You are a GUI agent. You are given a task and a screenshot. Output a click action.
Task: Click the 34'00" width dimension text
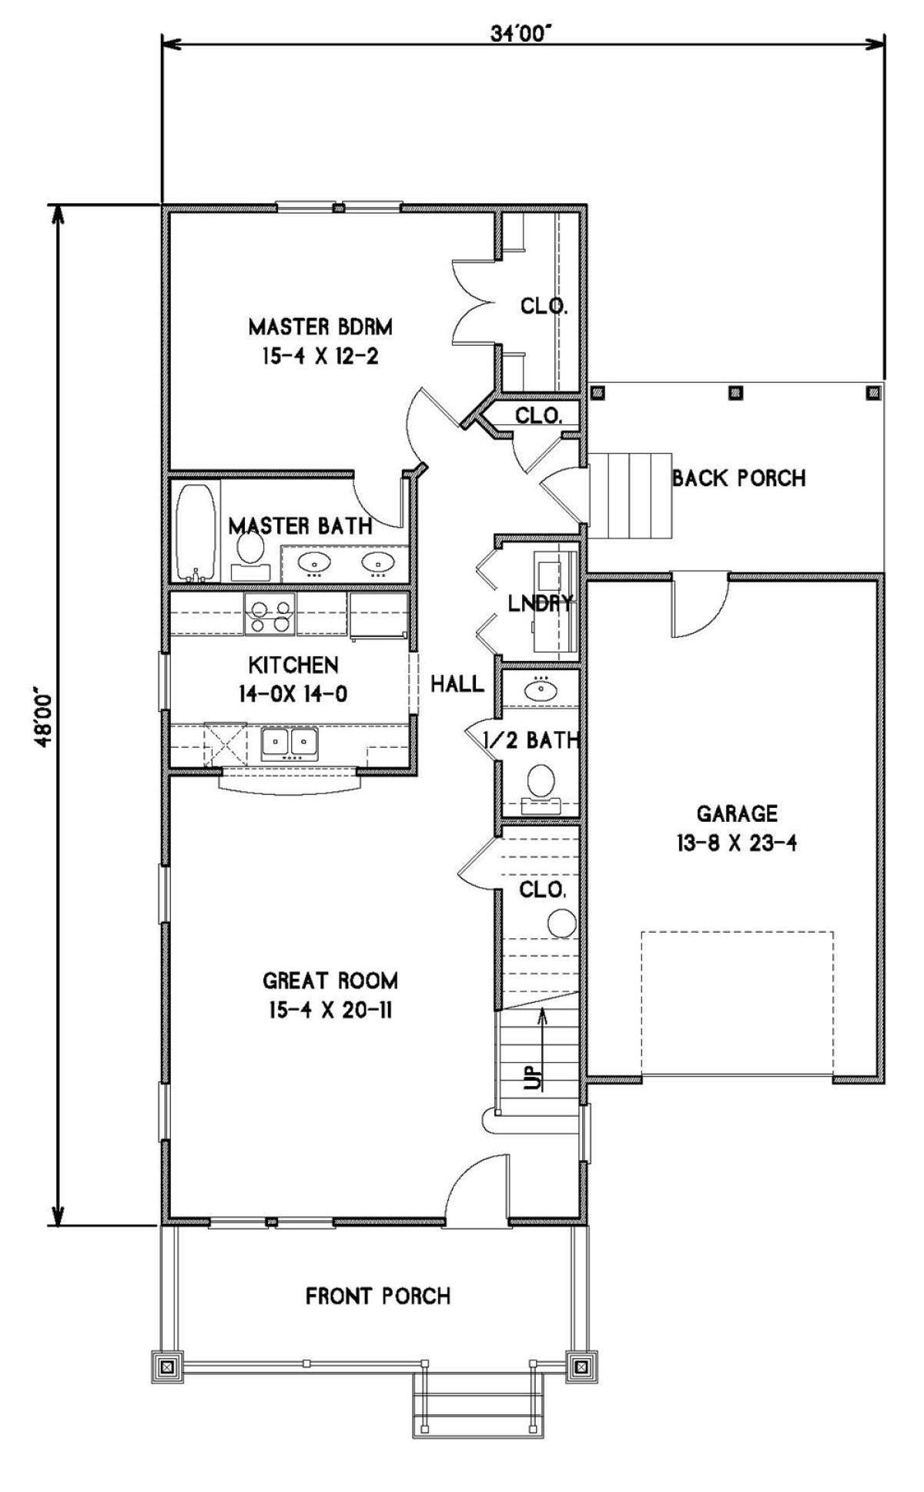click(523, 32)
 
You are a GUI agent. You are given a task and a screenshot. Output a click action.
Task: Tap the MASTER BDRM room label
click(320, 327)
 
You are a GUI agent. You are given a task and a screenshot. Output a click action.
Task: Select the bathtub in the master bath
click(195, 531)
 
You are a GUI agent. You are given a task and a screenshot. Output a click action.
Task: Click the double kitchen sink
click(290, 743)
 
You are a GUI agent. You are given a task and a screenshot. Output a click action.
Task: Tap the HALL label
click(457, 683)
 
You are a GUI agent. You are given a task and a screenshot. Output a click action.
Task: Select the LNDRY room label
click(541, 603)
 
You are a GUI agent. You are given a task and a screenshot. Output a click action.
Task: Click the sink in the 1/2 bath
click(542, 689)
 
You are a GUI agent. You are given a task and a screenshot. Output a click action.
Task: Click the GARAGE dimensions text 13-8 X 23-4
click(737, 843)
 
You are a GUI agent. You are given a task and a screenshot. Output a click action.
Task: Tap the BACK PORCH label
click(738, 478)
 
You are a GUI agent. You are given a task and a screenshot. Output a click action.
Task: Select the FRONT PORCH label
click(378, 1296)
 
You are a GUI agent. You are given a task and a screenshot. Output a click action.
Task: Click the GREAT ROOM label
click(330, 981)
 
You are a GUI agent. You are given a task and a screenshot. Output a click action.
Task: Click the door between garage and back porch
click(700, 604)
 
